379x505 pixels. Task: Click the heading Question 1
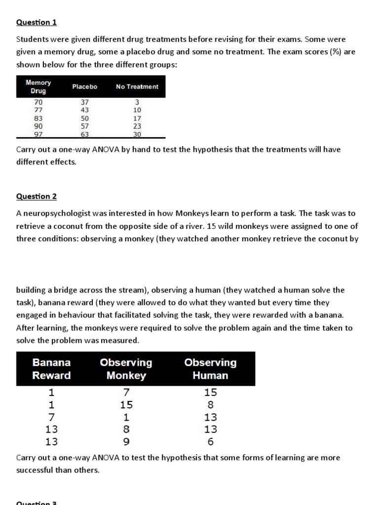pyautogui.click(x=33, y=22)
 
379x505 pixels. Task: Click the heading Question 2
pyautogui.click(x=37, y=196)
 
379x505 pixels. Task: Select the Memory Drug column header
pyautogui.click(x=38, y=87)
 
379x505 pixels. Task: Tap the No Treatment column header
pyautogui.click(x=137, y=87)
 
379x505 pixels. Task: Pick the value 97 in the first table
pyautogui.click(x=38, y=134)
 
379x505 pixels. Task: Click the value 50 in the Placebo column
pyautogui.click(x=85, y=118)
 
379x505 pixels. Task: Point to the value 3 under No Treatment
pyautogui.click(x=137, y=103)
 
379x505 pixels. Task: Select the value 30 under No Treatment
pyautogui.click(x=137, y=134)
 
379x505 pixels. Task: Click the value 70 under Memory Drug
pyautogui.click(x=38, y=103)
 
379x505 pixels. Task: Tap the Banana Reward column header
pyautogui.click(x=51, y=369)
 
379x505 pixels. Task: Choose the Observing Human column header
pyautogui.click(x=210, y=369)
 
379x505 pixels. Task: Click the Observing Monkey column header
pyautogui.click(x=126, y=369)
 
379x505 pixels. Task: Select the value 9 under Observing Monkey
pyautogui.click(x=126, y=441)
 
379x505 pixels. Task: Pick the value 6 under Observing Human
pyautogui.click(x=211, y=441)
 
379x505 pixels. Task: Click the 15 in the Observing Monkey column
pyautogui.click(x=126, y=405)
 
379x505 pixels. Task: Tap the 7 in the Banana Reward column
pyautogui.click(x=51, y=417)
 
